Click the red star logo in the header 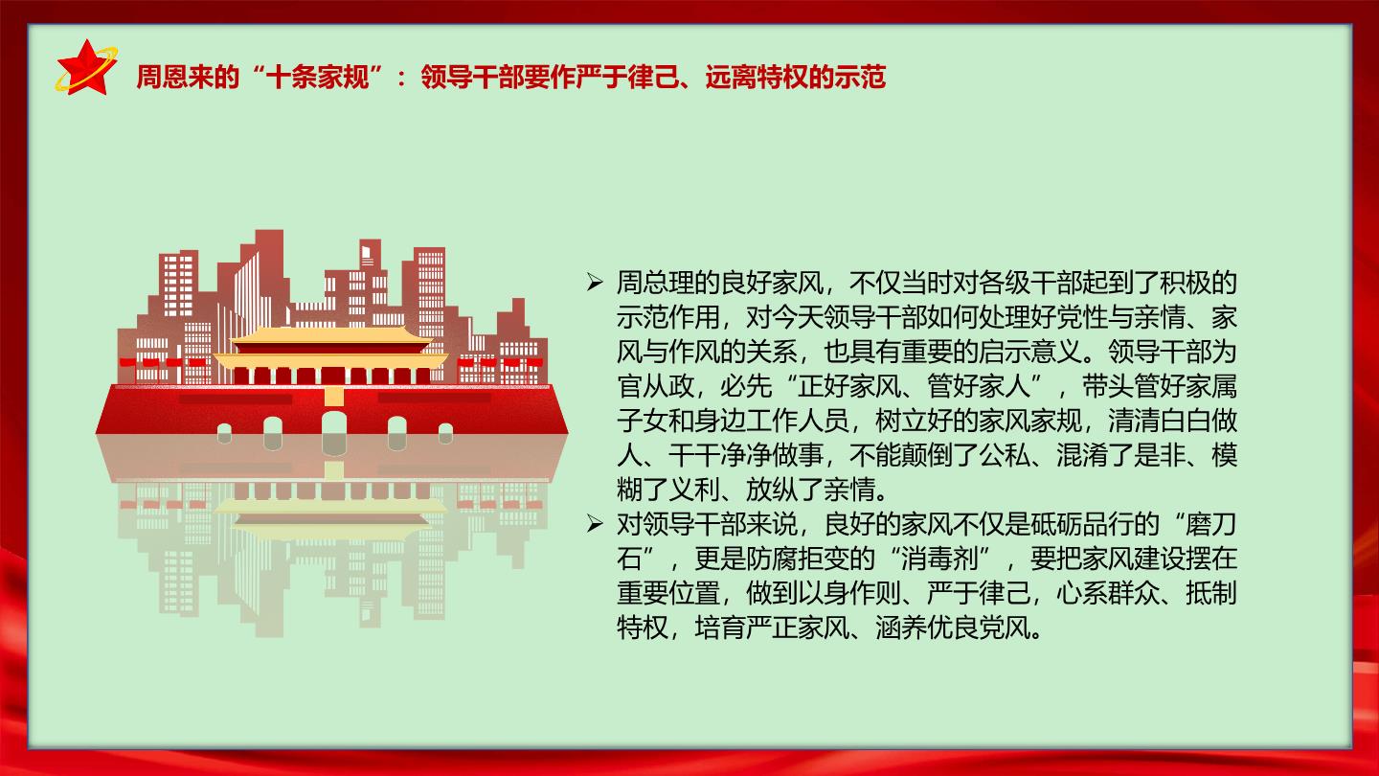click(87, 68)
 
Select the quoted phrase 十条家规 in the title click(318, 78)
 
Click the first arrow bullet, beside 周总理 click(594, 283)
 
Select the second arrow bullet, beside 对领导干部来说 click(594, 524)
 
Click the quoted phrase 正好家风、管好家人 click(914, 386)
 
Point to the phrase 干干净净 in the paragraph click(720, 455)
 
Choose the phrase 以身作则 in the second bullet click(848, 593)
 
